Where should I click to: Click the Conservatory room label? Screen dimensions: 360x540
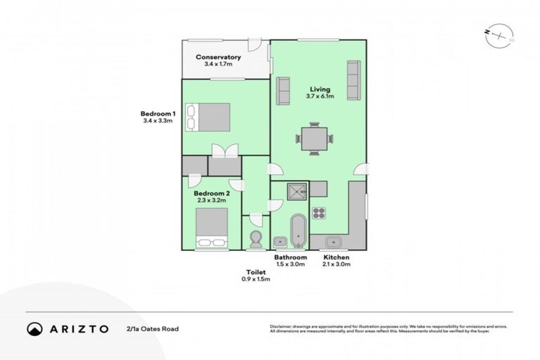click(x=218, y=57)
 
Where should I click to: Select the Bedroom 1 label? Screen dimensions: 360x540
click(x=156, y=114)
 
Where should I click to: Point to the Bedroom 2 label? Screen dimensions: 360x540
click(x=212, y=193)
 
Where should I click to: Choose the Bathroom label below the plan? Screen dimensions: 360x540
click(x=290, y=258)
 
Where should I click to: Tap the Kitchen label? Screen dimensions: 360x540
click(x=335, y=258)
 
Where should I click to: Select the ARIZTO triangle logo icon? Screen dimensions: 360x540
click(x=34, y=328)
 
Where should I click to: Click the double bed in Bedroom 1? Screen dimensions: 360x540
click(x=208, y=117)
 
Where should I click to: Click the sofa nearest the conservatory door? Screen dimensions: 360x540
click(x=283, y=91)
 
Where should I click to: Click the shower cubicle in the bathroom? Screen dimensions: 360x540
click(x=290, y=189)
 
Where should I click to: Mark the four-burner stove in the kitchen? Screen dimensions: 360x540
click(x=319, y=213)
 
